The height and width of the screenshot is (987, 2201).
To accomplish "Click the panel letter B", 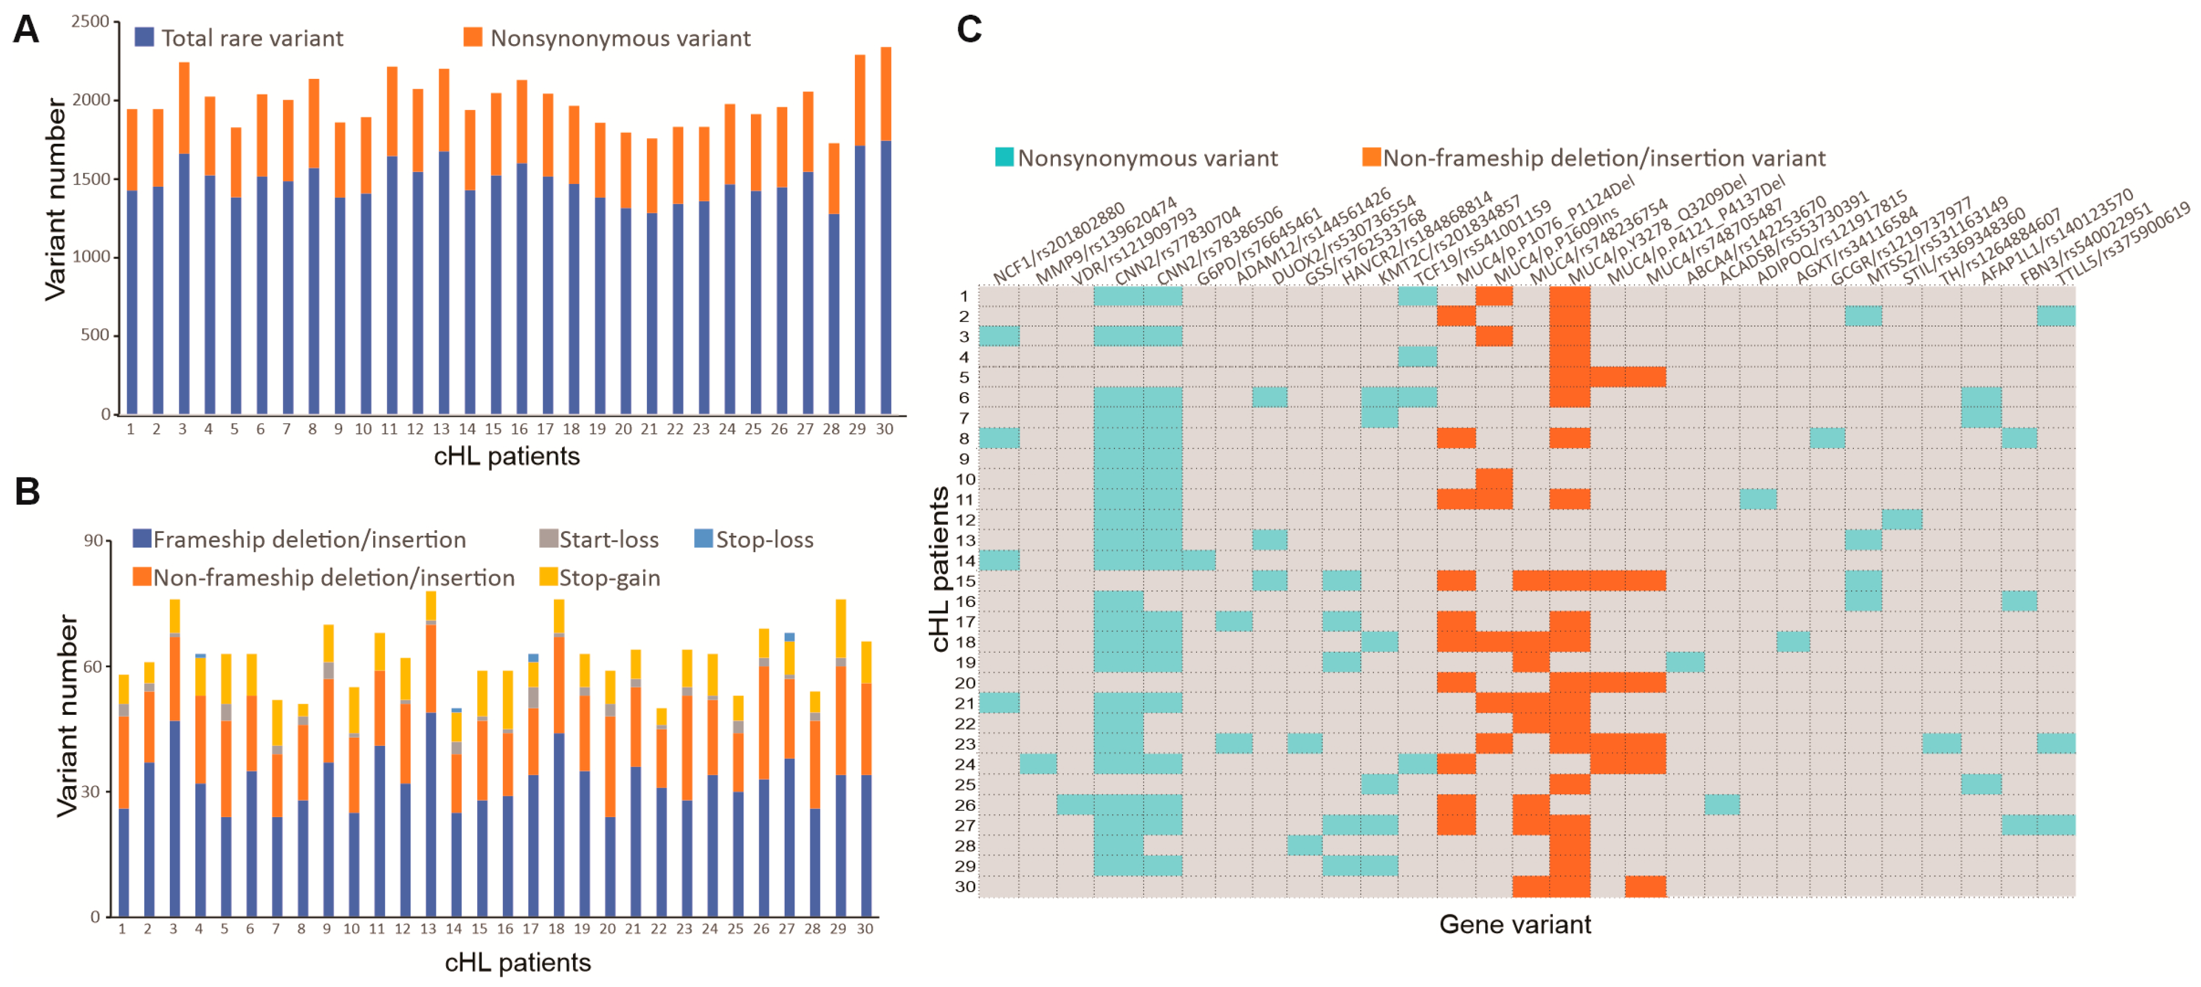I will tap(27, 492).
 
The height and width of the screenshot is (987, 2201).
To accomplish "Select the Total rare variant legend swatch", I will tap(144, 38).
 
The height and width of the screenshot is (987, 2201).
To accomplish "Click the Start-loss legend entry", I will tap(599, 539).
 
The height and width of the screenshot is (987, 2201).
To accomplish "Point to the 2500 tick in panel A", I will tap(90, 21).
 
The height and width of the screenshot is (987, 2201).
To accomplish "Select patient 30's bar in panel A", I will tap(885, 231).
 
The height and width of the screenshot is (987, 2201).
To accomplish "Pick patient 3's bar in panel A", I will tap(183, 240).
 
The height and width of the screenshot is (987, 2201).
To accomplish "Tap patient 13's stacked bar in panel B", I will tap(430, 752).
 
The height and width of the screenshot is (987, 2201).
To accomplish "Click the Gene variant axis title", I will tap(1515, 924).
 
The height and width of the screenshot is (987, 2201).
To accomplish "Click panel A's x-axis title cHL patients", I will tap(507, 456).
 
